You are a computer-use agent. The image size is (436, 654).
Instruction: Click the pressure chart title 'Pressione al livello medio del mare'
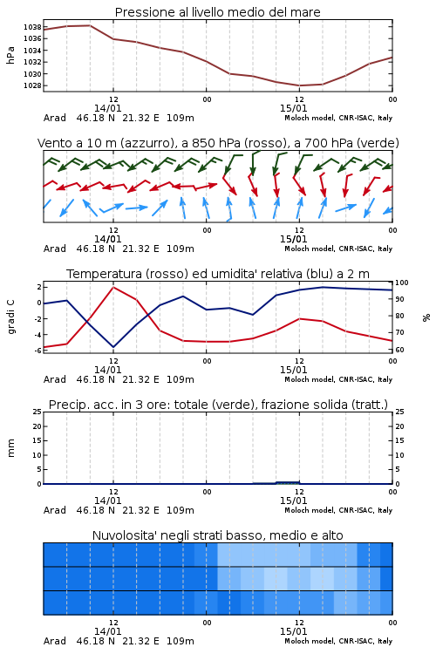click(x=217, y=12)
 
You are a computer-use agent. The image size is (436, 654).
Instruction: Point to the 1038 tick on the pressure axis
click(x=32, y=27)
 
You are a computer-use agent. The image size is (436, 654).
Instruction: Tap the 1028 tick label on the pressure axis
click(x=32, y=85)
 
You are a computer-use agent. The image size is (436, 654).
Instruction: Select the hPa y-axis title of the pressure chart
click(x=10, y=55)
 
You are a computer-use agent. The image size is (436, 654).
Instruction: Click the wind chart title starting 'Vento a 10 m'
click(x=218, y=143)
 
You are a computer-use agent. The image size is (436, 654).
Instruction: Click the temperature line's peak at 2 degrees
click(x=113, y=287)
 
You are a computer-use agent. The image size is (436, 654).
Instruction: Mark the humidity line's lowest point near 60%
click(x=113, y=347)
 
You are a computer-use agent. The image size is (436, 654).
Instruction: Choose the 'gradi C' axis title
click(x=10, y=317)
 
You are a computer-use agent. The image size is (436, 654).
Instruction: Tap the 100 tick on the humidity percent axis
click(x=402, y=283)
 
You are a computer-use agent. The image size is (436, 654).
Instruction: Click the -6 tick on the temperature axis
click(x=37, y=351)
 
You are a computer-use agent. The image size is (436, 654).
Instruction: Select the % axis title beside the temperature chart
click(x=426, y=317)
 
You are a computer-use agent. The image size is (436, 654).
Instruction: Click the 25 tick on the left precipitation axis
click(x=37, y=412)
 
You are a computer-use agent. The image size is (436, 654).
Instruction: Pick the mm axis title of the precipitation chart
click(x=10, y=448)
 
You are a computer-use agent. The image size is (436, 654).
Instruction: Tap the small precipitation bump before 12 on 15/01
click(x=288, y=482)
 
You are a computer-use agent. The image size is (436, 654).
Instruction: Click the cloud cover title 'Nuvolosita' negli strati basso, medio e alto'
click(x=217, y=535)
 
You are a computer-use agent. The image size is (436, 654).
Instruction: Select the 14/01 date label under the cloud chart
click(x=107, y=631)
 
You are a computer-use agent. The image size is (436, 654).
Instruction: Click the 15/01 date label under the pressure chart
click(x=293, y=108)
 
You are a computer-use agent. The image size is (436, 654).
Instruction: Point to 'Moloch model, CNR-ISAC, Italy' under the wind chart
click(x=338, y=249)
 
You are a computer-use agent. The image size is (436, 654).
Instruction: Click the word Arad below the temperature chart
click(x=55, y=379)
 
